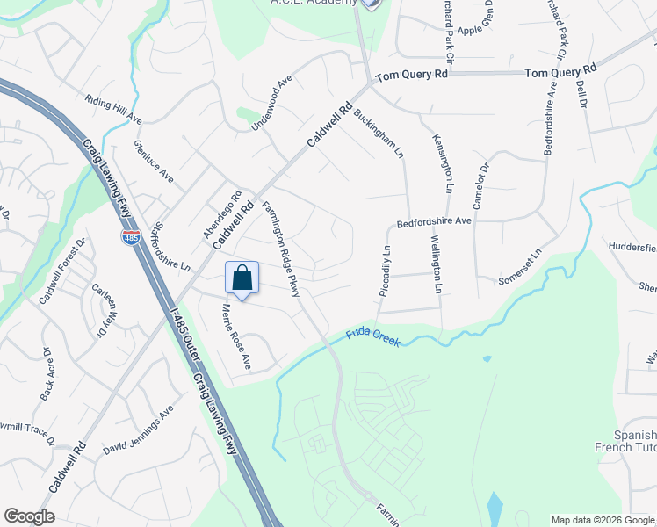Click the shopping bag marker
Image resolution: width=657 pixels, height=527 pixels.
[242, 278]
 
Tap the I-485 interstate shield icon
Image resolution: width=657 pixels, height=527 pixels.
[130, 237]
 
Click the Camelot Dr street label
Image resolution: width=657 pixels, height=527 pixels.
[480, 185]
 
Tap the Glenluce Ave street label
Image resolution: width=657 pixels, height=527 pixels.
[154, 162]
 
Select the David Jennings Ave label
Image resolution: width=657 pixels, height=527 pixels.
[138, 432]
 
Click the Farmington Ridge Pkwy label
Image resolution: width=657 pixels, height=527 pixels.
[282, 249]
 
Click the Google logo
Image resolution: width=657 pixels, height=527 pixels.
[29, 516]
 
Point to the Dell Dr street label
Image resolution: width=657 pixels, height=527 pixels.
[581, 92]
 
